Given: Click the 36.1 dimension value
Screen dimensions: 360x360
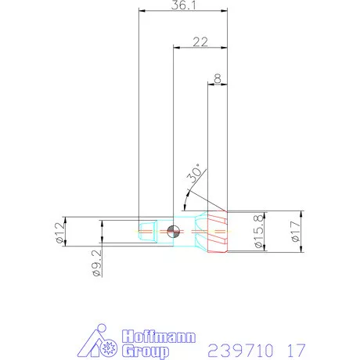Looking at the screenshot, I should pos(182,5).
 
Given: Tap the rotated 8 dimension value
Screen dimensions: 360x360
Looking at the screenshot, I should pos(216,79).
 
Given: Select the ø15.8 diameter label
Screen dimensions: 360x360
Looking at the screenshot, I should pos(258,231).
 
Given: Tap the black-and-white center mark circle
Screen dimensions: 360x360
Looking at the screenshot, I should pos(174,230).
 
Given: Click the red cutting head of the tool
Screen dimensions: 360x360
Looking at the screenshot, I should pos(216,232).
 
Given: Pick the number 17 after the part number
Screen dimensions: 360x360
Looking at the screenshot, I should pos(296,347).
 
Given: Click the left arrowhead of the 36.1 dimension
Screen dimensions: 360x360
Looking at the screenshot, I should pos(142,12).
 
